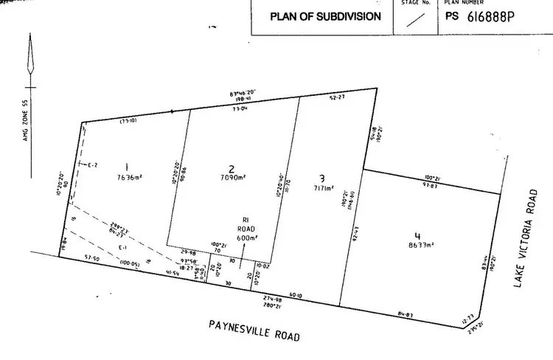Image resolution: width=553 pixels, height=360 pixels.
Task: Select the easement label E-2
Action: tap(92, 165)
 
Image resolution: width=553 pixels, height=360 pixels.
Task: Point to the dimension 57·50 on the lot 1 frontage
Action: tap(92, 258)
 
